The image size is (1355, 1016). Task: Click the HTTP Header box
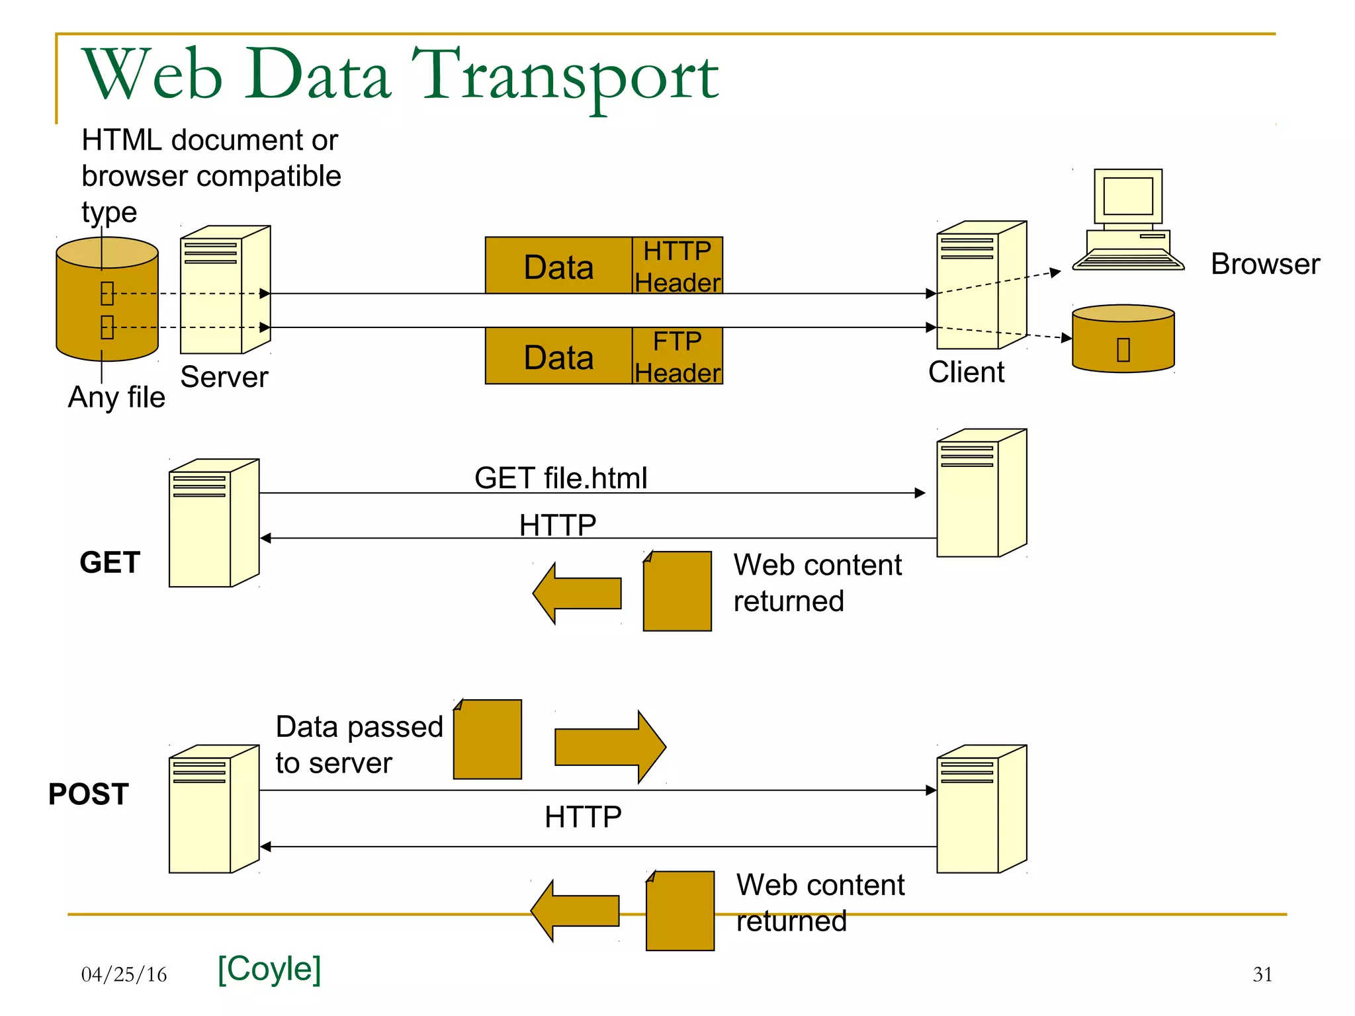[677, 265]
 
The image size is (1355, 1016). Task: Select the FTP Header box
[677, 356]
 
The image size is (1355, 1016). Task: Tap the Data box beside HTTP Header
[558, 266]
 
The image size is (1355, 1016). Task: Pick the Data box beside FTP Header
[558, 356]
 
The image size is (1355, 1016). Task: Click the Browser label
[1265, 264]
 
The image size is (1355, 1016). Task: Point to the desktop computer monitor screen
[1128, 196]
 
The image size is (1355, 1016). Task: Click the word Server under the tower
[224, 377]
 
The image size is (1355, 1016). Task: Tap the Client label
[966, 372]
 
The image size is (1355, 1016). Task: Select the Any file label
[116, 398]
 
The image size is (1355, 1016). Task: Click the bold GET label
[110, 562]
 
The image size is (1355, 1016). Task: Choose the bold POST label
[88, 794]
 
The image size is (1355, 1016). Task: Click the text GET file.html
[560, 478]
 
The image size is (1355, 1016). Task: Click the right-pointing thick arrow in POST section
[609, 747]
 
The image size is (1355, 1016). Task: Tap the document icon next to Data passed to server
[488, 740]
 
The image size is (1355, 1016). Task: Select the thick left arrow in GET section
[576, 593]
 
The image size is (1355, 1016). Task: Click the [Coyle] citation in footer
[269, 969]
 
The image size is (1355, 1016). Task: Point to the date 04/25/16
[124, 974]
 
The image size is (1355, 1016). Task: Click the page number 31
[1262, 974]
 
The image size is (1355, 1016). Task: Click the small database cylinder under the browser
[1123, 339]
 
